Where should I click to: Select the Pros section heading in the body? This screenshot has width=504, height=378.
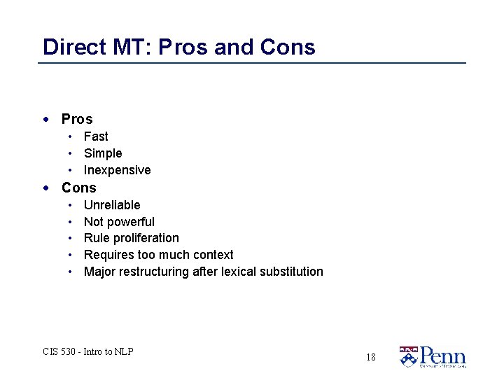click(x=77, y=119)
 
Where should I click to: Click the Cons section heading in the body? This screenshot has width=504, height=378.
click(x=79, y=188)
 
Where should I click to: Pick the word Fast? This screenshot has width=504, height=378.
click(x=96, y=136)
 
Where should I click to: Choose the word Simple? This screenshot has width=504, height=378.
click(x=103, y=153)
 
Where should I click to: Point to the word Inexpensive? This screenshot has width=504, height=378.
click(x=117, y=170)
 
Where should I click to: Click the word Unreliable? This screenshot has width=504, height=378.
click(x=112, y=205)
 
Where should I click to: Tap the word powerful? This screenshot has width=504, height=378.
click(x=131, y=222)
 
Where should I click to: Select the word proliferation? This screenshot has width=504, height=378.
click(x=146, y=238)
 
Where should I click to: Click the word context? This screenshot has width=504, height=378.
click(x=211, y=255)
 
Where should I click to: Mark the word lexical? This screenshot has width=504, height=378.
click(x=239, y=272)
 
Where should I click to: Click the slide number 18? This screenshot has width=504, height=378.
click(x=370, y=357)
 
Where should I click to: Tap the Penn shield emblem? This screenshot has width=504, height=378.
click(x=407, y=356)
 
